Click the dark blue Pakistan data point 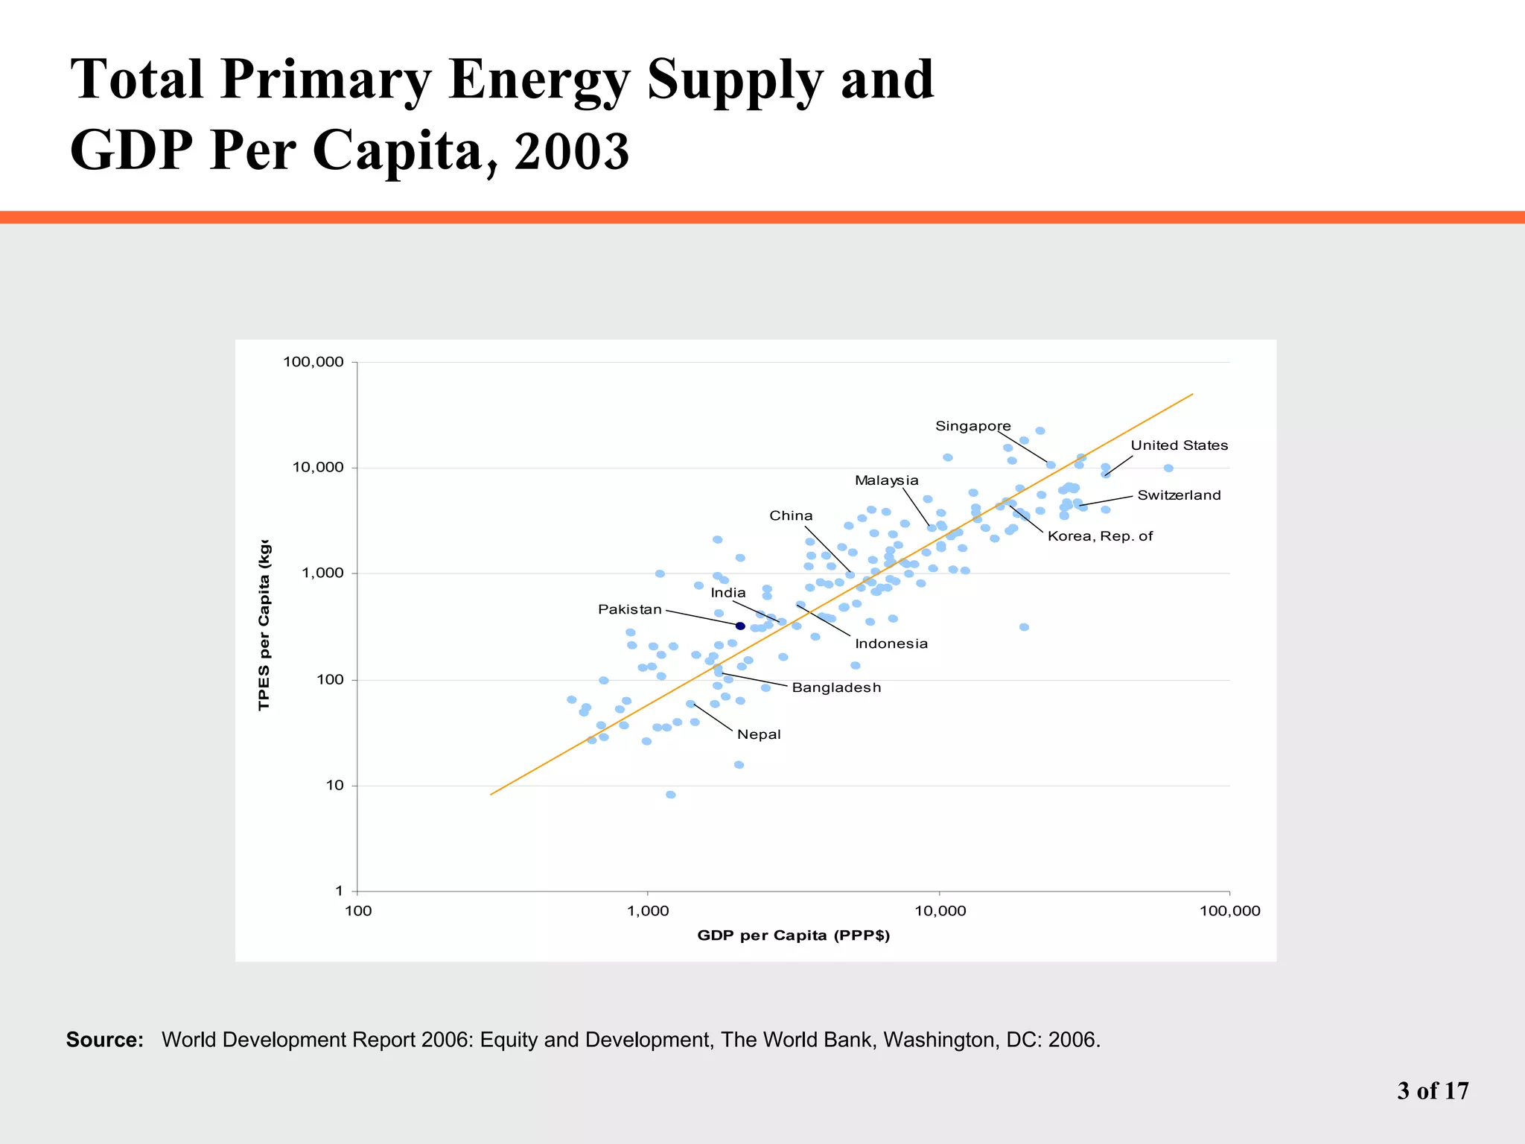[740, 626]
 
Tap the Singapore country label [972, 426]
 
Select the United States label [1179, 445]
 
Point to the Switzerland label [1179, 495]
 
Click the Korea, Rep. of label [1099, 536]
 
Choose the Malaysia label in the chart [886, 480]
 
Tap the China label [791, 515]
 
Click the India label [728, 593]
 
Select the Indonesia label [891, 643]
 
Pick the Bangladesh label [835, 687]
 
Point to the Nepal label [758, 734]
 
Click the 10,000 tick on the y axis [317, 468]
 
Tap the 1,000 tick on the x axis [648, 911]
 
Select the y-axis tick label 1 [339, 891]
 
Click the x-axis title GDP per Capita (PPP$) [793, 935]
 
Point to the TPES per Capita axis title [264, 626]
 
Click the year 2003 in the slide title [571, 151]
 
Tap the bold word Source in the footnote [104, 1040]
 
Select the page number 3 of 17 [1432, 1091]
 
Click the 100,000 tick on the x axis [1229, 911]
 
